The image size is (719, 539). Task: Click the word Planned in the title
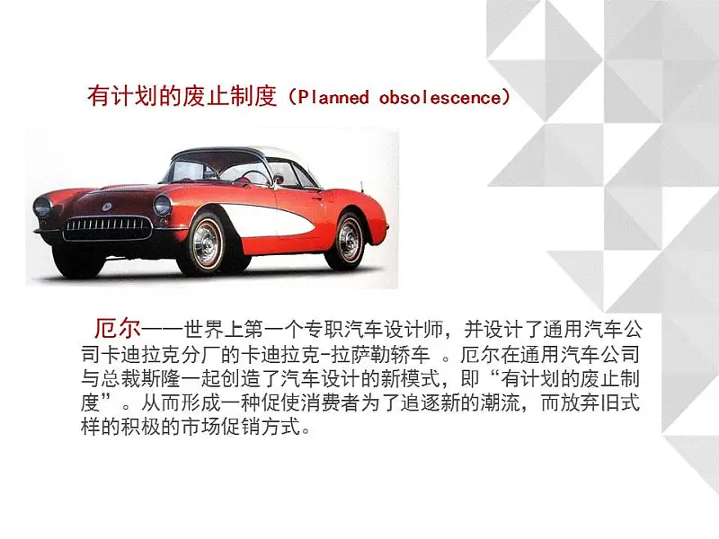333,97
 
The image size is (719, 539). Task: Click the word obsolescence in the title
440,97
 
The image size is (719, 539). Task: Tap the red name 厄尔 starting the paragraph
118,328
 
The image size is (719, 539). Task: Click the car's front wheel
207,243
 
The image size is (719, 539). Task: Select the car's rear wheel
350,240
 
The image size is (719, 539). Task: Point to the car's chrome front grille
108,228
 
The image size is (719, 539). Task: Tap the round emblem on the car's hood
107,207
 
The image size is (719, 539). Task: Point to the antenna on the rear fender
362,187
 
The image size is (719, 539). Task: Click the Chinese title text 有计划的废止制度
182,97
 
